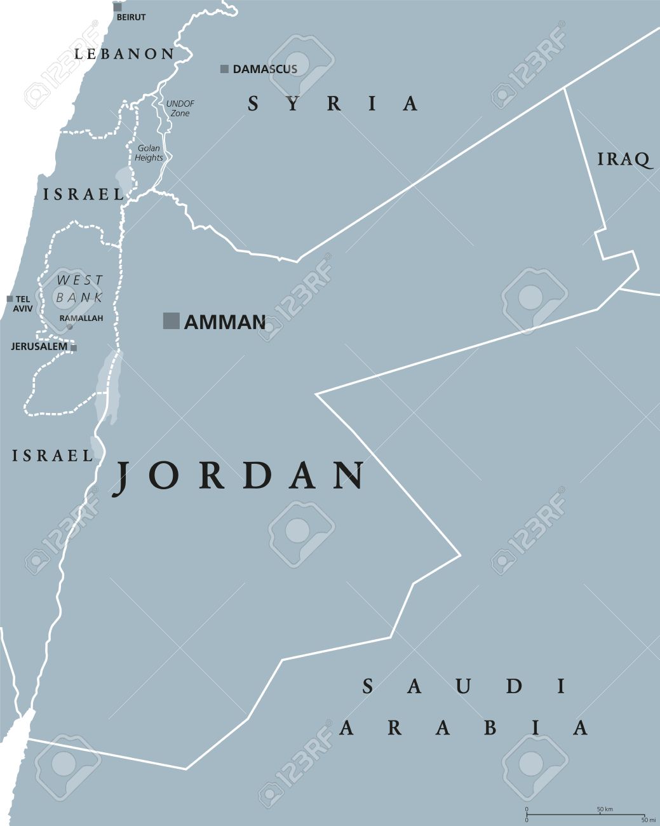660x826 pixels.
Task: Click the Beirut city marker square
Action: pos(118,7)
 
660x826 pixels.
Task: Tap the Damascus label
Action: pos(265,69)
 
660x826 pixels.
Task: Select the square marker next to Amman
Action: pos(171,321)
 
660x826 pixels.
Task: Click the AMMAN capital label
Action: pos(224,322)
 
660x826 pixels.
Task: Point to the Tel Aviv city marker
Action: pos(10,299)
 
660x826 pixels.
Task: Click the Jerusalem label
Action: pos(39,347)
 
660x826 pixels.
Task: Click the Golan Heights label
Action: pos(149,152)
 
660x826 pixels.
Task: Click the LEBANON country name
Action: pos(125,54)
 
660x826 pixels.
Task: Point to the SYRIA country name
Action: pos(333,103)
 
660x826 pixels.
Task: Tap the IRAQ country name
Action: pos(625,159)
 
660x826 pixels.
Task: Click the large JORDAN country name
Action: pos(239,475)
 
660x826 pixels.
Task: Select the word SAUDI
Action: pos(464,686)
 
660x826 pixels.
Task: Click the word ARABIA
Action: pos(464,727)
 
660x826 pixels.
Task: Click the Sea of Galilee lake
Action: pos(123,176)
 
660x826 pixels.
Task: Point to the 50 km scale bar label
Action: pos(604,809)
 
